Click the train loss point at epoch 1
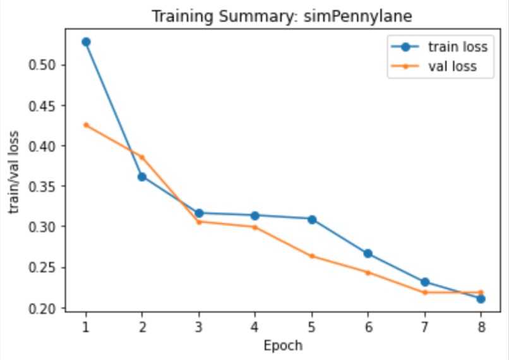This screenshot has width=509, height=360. [86, 42]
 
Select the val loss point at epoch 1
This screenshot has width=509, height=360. [86, 125]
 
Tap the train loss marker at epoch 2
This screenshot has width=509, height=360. [142, 177]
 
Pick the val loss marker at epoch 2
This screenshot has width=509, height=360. [142, 157]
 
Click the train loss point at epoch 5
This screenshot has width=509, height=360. [311, 219]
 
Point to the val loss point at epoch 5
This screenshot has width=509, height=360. [311, 256]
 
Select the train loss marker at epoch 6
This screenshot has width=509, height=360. [368, 253]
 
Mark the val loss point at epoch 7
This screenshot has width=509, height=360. [424, 292]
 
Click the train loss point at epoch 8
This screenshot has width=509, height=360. [481, 299]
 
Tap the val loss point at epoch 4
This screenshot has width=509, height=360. [255, 227]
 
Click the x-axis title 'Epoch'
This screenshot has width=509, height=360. [284, 345]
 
